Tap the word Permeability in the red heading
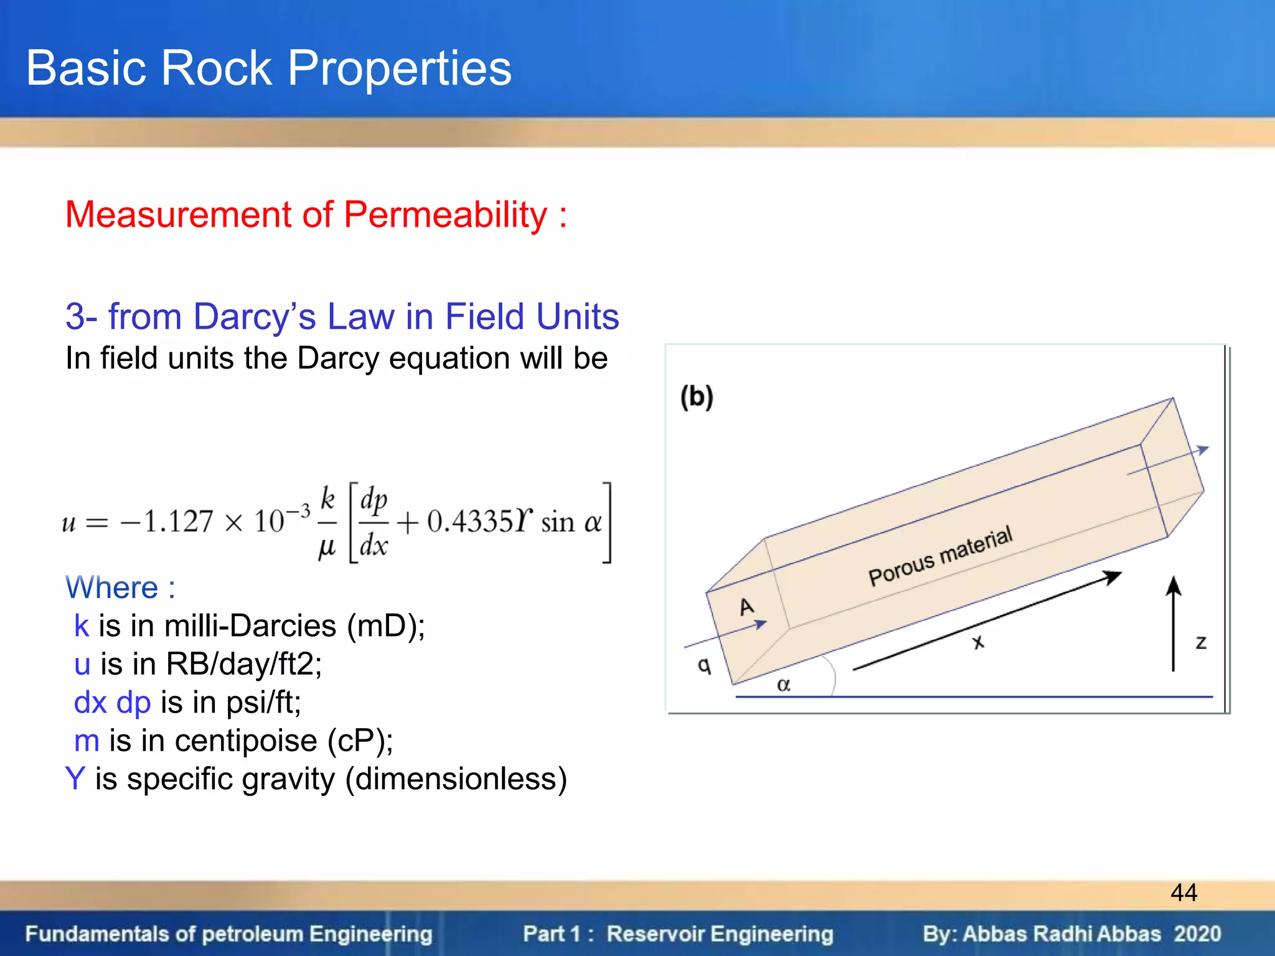445,215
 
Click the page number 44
1183,893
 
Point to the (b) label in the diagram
697,396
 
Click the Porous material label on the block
940,556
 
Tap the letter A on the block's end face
746,606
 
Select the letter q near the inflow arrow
704,665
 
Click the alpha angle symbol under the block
784,685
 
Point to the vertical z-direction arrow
1174,622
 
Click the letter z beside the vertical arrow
1201,642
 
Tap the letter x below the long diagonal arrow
979,642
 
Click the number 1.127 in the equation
178,522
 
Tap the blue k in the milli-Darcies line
82,626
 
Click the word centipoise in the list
245,741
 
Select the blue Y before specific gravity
75,779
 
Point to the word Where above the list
112,588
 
